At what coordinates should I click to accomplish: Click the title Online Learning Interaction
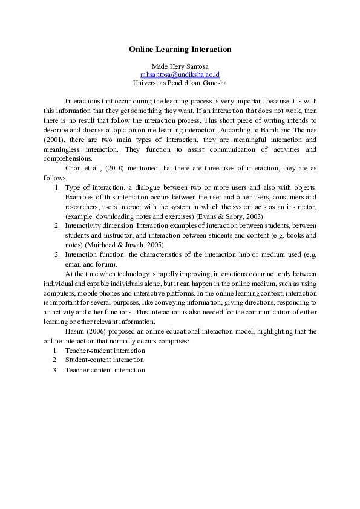180,49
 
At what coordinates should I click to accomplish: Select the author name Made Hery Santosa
180,65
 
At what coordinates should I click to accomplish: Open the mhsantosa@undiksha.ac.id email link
180,74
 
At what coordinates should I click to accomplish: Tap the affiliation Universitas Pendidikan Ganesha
180,82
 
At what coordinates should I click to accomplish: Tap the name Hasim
76,332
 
